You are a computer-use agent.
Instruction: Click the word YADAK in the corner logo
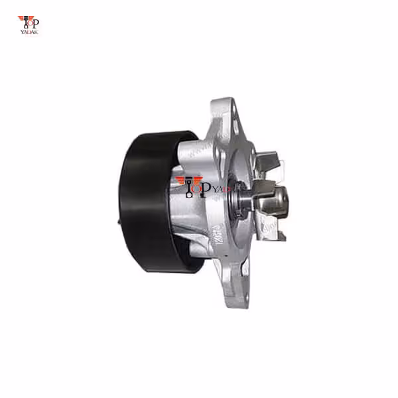29,32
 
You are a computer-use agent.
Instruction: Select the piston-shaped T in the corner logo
26,22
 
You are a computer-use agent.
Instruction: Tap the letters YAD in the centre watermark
221,190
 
